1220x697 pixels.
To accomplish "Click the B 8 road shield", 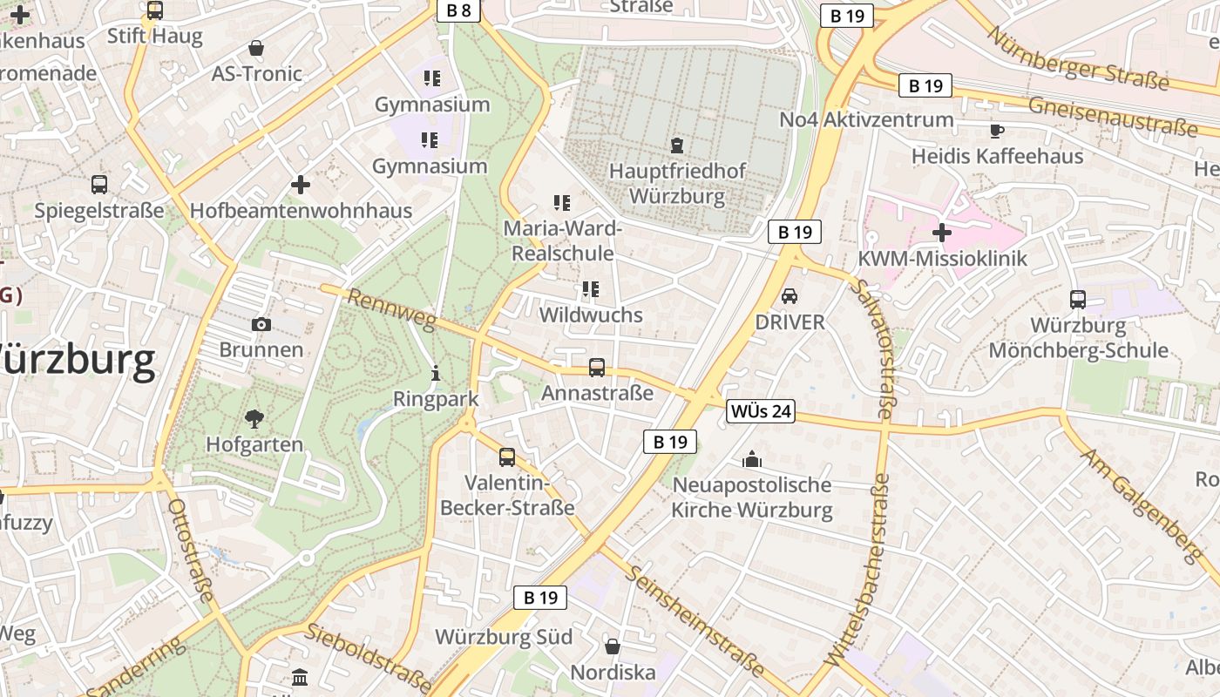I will [x=458, y=10].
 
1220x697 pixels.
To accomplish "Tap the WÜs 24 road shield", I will [x=761, y=410].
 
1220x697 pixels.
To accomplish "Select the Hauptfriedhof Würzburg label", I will [x=677, y=183].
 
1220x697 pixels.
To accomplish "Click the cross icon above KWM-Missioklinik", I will [x=941, y=233].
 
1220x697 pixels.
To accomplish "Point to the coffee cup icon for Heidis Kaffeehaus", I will [x=997, y=131].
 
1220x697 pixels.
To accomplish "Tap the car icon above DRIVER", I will [x=790, y=296].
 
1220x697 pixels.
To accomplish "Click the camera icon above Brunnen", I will [x=261, y=324].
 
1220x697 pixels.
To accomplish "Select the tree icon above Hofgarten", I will [x=254, y=419].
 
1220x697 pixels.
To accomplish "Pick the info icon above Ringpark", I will [x=436, y=374].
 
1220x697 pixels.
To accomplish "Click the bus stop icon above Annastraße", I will [x=597, y=368].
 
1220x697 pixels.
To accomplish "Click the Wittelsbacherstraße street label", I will [x=857, y=571].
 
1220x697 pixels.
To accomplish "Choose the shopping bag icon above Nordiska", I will [x=613, y=646].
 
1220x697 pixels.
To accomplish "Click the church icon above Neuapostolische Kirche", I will [x=751, y=459].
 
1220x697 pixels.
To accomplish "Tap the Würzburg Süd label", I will [x=504, y=637].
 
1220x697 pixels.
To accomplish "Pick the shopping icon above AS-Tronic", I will [x=256, y=48].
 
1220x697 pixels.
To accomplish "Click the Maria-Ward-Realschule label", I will [x=563, y=240].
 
